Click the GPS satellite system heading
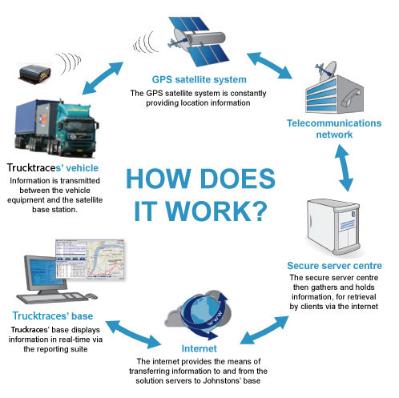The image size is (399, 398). point(199,79)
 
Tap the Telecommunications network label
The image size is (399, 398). point(334,129)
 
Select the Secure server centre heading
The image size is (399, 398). point(334,266)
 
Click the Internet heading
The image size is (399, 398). point(199,348)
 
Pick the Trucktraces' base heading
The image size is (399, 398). point(53,316)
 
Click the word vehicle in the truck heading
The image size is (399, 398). point(82,168)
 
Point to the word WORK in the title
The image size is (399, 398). point(208,211)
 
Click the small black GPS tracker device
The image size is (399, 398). point(34,73)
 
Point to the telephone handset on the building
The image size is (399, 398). point(351,98)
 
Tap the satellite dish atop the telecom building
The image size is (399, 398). point(327,71)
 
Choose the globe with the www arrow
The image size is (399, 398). point(205,314)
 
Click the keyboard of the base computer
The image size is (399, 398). point(53,298)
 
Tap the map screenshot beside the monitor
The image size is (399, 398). point(90,259)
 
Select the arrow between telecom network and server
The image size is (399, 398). point(345,168)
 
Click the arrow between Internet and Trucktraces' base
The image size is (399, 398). point(133,335)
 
